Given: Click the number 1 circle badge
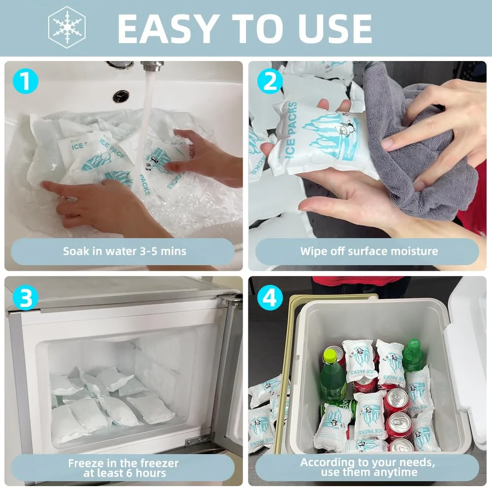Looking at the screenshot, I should pos(25,81).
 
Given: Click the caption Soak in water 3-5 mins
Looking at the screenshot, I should pos(124,251).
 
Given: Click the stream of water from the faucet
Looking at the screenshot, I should pos(146,113).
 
